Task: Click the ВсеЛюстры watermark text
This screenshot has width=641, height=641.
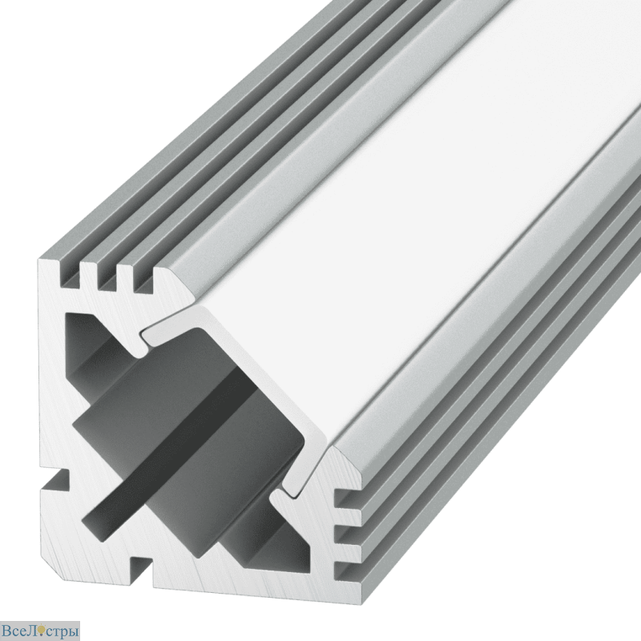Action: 39,631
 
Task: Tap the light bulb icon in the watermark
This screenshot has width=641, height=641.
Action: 41,630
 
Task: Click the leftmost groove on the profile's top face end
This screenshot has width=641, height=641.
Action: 69,274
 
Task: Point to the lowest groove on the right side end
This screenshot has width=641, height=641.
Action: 348,571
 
